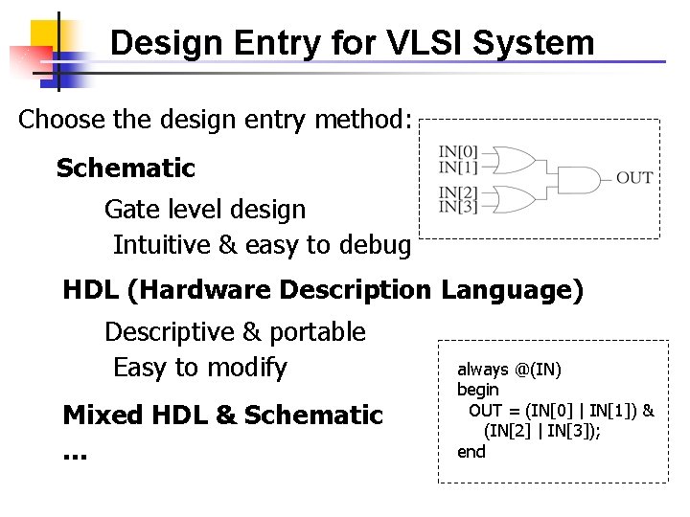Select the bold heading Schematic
(x=126, y=169)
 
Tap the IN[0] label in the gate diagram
(x=458, y=151)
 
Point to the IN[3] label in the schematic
(x=458, y=206)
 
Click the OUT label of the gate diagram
(x=634, y=178)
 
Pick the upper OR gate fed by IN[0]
(x=513, y=159)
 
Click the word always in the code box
(x=482, y=369)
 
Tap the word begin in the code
(x=478, y=389)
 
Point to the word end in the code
(x=471, y=451)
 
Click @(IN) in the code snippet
(x=539, y=369)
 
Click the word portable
(x=319, y=332)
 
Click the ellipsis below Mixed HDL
(x=74, y=454)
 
